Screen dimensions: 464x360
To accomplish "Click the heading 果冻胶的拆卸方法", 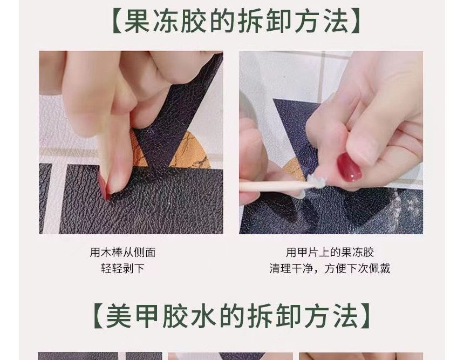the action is pos(236,21).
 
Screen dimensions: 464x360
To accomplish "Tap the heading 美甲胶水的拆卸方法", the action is pos(233,316).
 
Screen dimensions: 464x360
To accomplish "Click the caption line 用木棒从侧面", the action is pos(122,253).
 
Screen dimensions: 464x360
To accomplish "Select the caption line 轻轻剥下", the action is pos(122,269).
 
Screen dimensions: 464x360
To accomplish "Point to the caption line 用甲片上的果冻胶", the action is pos(330,253).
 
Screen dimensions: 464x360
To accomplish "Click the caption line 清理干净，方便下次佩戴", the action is pos(330,269).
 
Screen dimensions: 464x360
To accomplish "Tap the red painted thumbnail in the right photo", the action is pos(349,167).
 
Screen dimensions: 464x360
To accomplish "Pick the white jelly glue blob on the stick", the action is pos(317,181).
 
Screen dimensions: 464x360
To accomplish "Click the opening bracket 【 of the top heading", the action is pos(117,21).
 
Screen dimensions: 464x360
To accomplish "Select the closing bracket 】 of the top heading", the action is pos(354,21).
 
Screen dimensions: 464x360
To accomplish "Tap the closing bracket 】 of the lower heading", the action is pos(366,316).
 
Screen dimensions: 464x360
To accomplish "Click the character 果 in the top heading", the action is pos(137,21).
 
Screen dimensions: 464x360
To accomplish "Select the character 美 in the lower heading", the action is pos(118,316).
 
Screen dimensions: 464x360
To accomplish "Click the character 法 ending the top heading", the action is pos(336,21).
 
